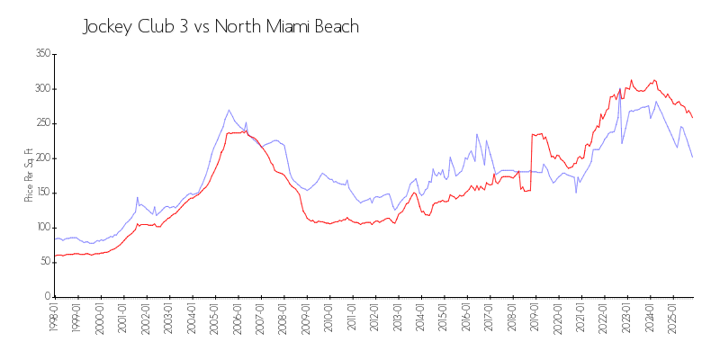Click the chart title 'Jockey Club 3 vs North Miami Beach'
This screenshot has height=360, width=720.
click(x=220, y=27)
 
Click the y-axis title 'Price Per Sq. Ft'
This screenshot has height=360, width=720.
click(x=28, y=175)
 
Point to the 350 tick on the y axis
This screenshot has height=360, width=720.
click(x=42, y=54)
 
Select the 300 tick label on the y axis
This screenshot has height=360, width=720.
click(x=42, y=89)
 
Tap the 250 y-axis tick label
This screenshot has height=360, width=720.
click(x=42, y=123)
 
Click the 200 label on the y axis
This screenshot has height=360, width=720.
click(x=42, y=158)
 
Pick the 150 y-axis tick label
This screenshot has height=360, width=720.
click(x=42, y=193)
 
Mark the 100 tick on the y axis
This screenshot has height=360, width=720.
click(x=42, y=228)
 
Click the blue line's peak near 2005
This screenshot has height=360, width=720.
click(x=229, y=110)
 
